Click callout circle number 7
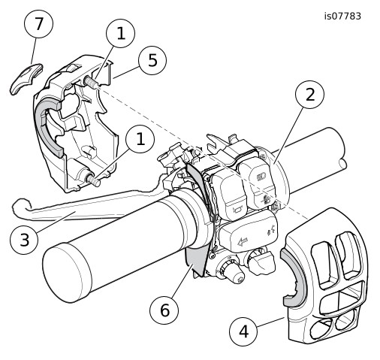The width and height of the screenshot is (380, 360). pos(38,24)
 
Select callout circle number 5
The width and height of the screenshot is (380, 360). pos(152,60)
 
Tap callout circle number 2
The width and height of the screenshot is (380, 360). pos(309,95)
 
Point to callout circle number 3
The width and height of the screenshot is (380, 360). pos(24,240)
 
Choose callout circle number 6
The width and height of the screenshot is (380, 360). pos(164,310)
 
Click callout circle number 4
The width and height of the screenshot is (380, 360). pos(243,331)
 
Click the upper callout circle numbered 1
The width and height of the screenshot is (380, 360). pos(120,33)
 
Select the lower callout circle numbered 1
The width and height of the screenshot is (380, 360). pos(140,138)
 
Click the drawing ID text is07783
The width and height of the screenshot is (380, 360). pos(342,17)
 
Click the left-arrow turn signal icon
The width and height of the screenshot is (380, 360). pos(242,242)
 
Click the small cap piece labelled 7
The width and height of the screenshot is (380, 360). pos(26,78)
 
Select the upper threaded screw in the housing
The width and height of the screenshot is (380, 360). pos(92,82)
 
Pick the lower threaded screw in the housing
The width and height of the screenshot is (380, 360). pos(93,180)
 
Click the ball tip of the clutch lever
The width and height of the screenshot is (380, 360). pos(20,204)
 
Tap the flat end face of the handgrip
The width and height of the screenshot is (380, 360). pos(65,273)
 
